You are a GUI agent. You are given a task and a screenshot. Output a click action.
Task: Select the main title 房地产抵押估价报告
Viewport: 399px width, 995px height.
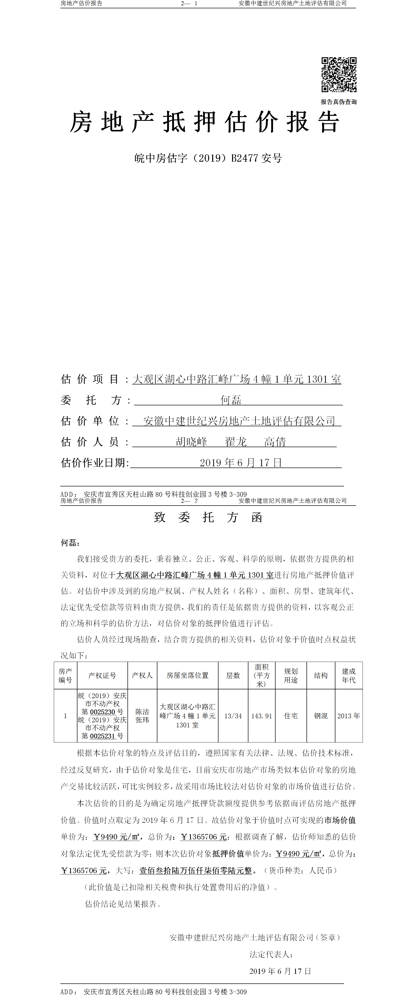click(204, 122)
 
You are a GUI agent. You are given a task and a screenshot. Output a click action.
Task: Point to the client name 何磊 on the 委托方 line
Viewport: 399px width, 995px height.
click(231, 400)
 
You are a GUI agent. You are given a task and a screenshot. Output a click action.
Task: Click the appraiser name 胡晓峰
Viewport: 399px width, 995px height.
click(191, 442)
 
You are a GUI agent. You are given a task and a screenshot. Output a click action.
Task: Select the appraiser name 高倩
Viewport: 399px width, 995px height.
click(275, 442)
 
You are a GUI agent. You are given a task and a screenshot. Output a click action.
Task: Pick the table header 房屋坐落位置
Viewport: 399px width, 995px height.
click(188, 676)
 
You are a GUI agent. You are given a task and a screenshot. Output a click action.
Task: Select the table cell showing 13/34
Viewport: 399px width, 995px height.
click(233, 716)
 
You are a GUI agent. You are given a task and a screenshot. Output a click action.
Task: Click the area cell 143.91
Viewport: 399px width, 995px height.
click(262, 716)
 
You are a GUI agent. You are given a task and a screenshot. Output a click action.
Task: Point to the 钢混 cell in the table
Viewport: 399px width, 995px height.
click(321, 716)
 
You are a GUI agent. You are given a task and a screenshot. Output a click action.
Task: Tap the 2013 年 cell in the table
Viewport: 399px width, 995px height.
click(348, 716)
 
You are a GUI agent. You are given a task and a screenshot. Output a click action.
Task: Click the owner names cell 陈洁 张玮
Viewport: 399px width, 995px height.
click(142, 716)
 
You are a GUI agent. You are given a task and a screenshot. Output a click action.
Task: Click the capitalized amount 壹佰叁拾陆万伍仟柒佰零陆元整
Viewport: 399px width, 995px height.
click(195, 871)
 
